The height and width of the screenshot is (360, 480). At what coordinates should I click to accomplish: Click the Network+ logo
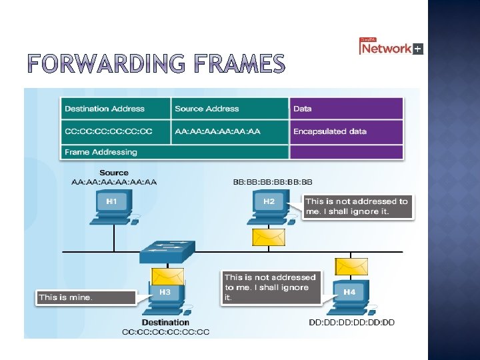[391, 47]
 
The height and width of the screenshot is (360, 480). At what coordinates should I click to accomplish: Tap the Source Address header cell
[229, 109]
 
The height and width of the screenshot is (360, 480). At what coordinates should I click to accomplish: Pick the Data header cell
[346, 109]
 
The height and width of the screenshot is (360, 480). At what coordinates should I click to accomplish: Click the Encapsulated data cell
[346, 131]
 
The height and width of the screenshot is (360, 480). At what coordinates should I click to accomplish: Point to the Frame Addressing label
[101, 152]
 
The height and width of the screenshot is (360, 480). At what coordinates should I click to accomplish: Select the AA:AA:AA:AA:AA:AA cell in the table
[229, 131]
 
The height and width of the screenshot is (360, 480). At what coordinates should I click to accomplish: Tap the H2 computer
[269, 206]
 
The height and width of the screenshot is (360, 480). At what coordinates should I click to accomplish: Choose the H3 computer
[163, 297]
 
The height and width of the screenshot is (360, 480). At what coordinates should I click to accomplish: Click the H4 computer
[349, 297]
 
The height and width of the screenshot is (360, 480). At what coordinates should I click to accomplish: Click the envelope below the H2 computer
[268, 237]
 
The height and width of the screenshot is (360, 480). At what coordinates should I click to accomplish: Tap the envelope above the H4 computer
[351, 267]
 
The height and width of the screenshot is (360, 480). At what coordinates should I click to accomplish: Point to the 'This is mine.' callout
[85, 297]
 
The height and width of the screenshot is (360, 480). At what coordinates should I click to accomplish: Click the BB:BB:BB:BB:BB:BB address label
[272, 182]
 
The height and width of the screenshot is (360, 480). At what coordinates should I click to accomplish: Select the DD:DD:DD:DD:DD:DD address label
[352, 323]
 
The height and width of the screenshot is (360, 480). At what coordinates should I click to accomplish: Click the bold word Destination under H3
[165, 323]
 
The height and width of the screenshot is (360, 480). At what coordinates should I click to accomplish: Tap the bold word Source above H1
[114, 173]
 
